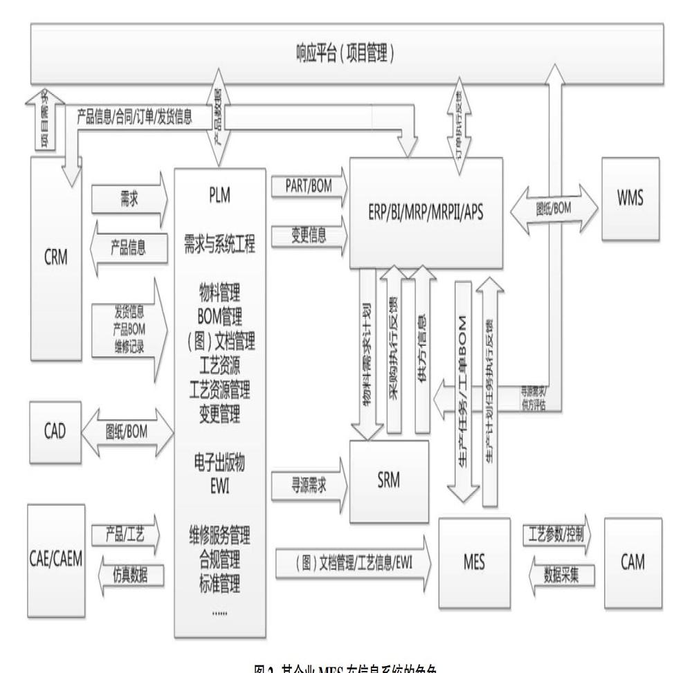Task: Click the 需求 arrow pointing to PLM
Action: pyautogui.click(x=127, y=195)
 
